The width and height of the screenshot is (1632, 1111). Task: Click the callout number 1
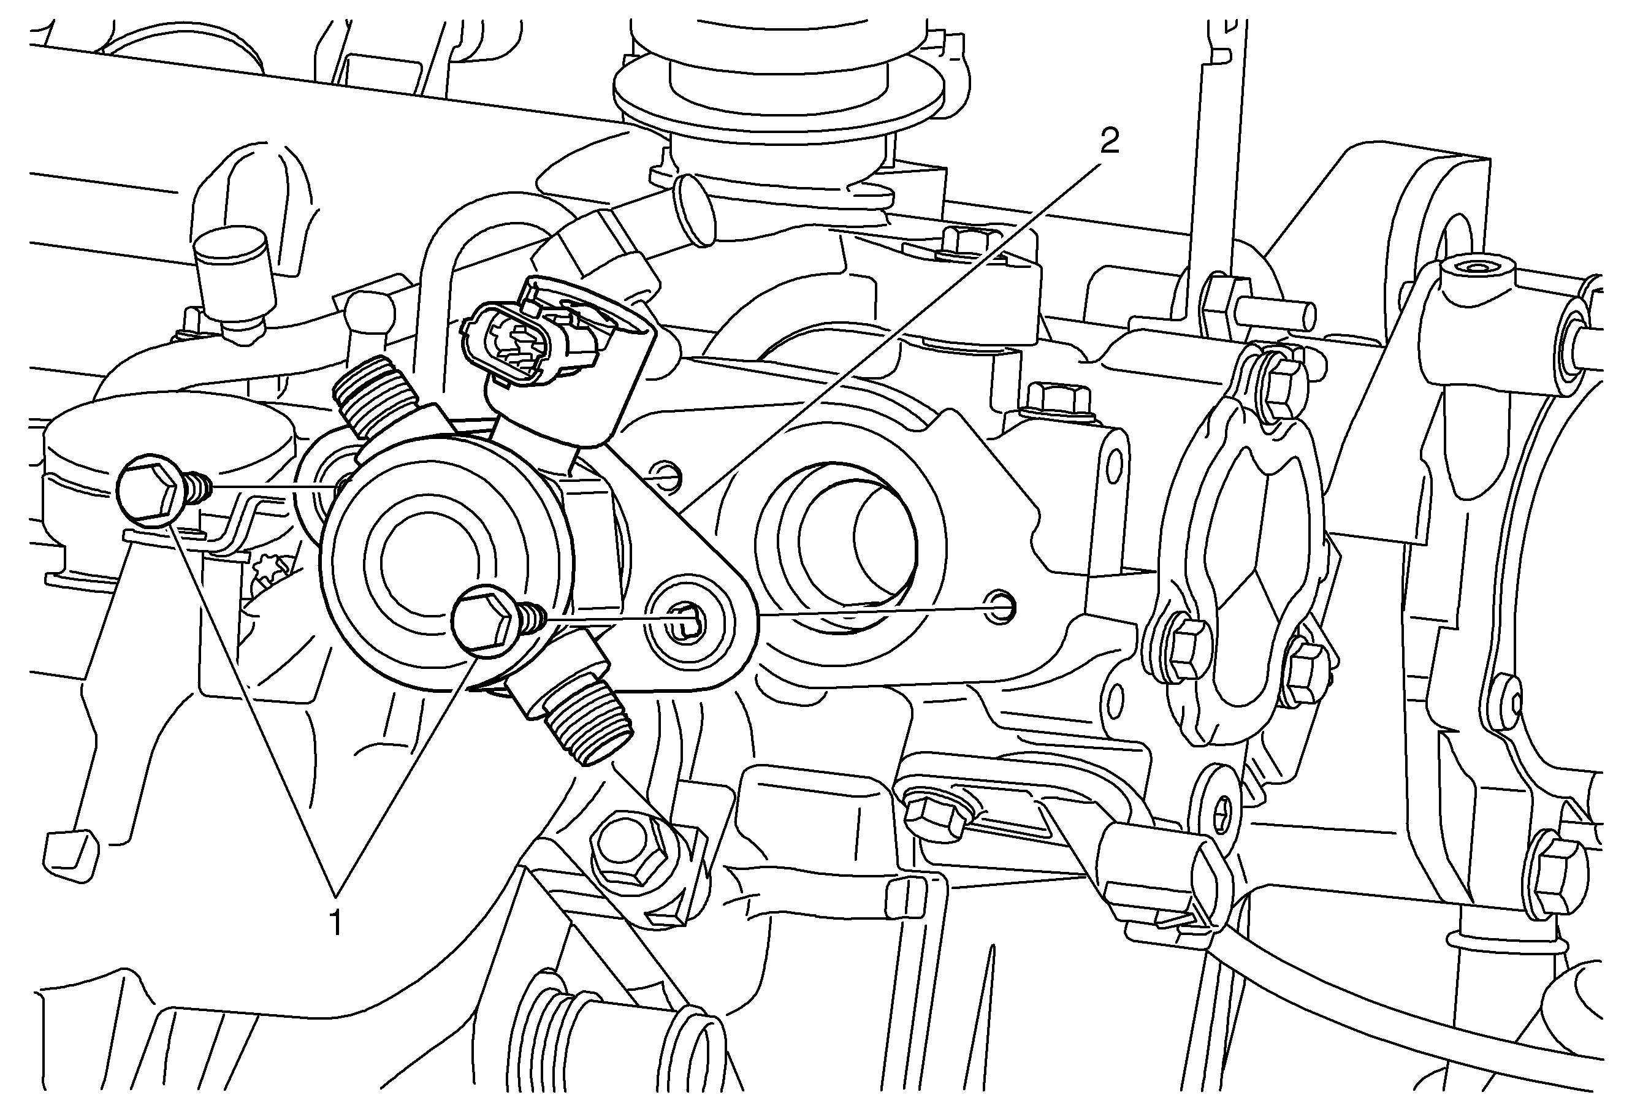337,922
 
